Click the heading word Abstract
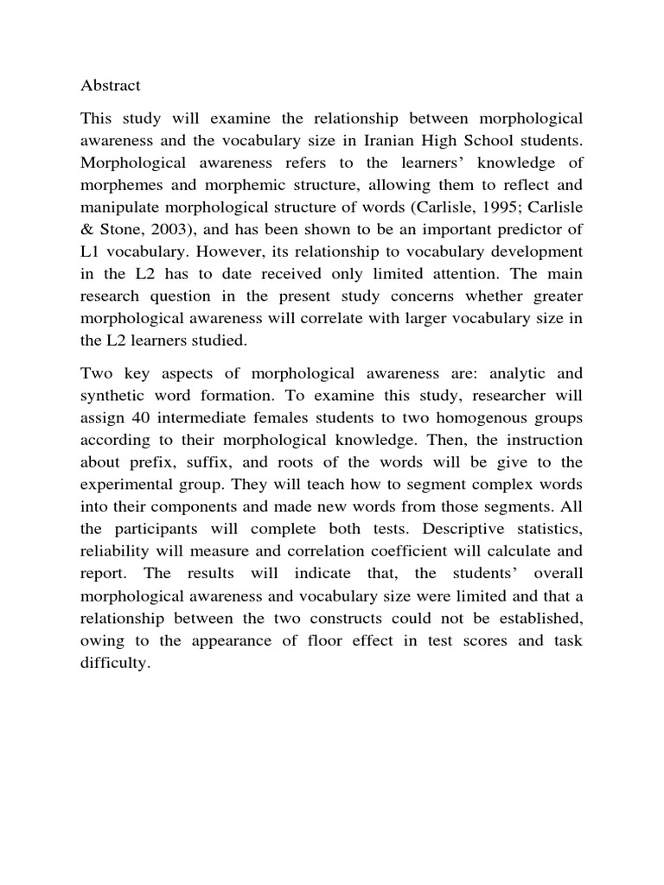(111, 86)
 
